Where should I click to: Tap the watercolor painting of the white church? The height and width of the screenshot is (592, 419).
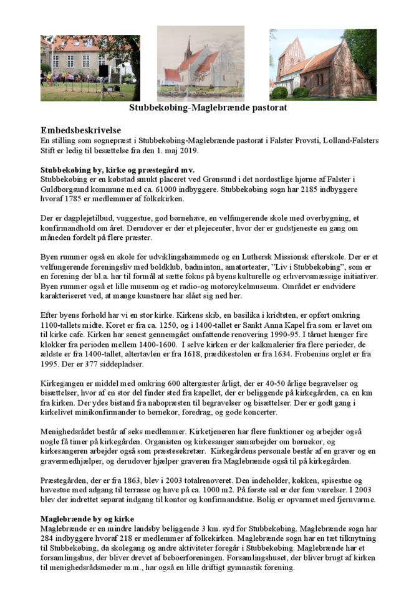pyautogui.click(x=200, y=63)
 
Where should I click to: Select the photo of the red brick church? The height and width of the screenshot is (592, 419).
pyautogui.click(x=322, y=64)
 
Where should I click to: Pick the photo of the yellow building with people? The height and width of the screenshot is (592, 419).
pyautogui.click(x=90, y=67)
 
